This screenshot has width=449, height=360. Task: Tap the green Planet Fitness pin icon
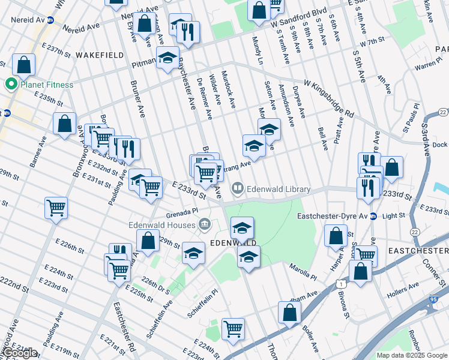pos(10,85)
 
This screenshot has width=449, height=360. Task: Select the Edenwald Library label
pos(279,190)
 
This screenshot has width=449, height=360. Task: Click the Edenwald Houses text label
pos(162,225)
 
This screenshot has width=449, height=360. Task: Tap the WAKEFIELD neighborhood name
pos(100,55)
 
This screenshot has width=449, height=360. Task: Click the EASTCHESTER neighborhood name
pos(418,250)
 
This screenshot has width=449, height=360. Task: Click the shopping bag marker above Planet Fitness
pos(23,65)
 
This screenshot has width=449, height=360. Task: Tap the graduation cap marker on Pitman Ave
pos(167,58)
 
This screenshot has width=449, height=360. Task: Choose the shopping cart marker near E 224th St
pos(232,329)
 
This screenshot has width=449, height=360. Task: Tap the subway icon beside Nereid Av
pos(50,19)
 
